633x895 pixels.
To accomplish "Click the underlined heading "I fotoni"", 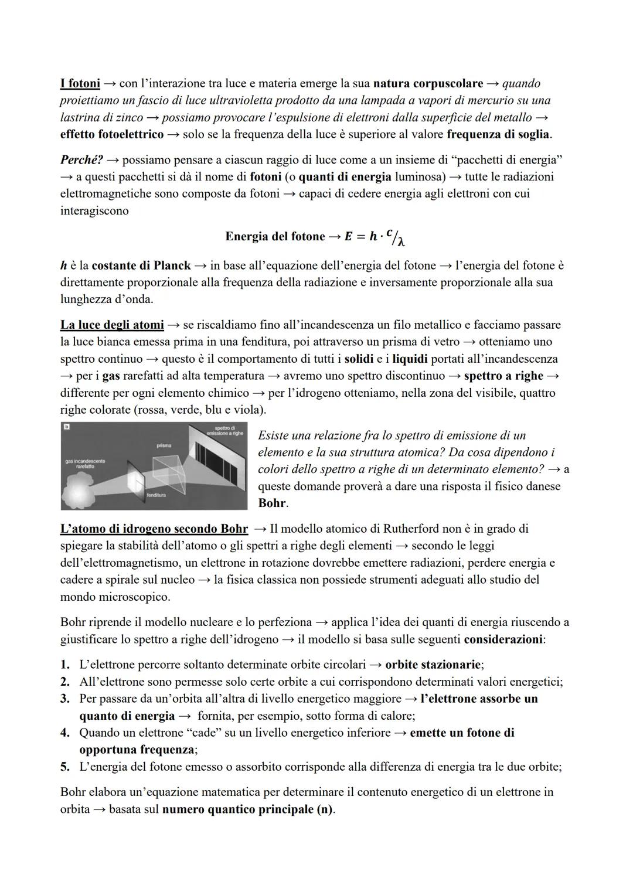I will click(80, 84).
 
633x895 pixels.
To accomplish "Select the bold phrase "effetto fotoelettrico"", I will click(112, 134).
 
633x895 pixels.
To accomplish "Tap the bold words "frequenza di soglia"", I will click(498, 134).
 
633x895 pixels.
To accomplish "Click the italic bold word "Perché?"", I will click(81, 159).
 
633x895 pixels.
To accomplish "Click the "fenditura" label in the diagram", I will click(156, 495).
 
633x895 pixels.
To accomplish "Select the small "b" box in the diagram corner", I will click(66, 428).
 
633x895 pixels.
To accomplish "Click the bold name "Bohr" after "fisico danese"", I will click(273, 503).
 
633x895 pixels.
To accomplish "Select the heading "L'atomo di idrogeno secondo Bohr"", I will click(154, 529).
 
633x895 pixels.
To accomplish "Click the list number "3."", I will click(66, 699).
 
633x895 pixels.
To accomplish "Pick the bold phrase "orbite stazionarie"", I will click(433, 665).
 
